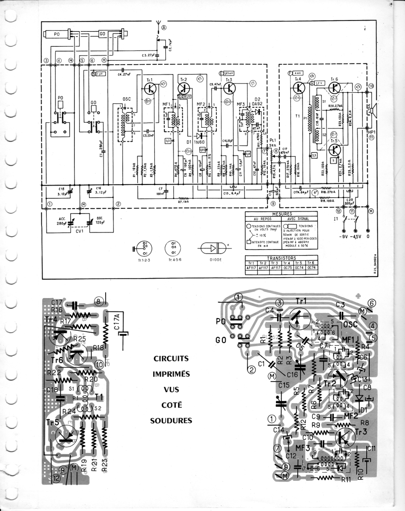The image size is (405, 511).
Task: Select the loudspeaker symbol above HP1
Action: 371,111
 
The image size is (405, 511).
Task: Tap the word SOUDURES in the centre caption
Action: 171,421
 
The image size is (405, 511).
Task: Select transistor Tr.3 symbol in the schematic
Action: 230,88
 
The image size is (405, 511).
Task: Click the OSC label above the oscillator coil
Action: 126,99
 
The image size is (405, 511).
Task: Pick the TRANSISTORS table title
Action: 281,258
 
